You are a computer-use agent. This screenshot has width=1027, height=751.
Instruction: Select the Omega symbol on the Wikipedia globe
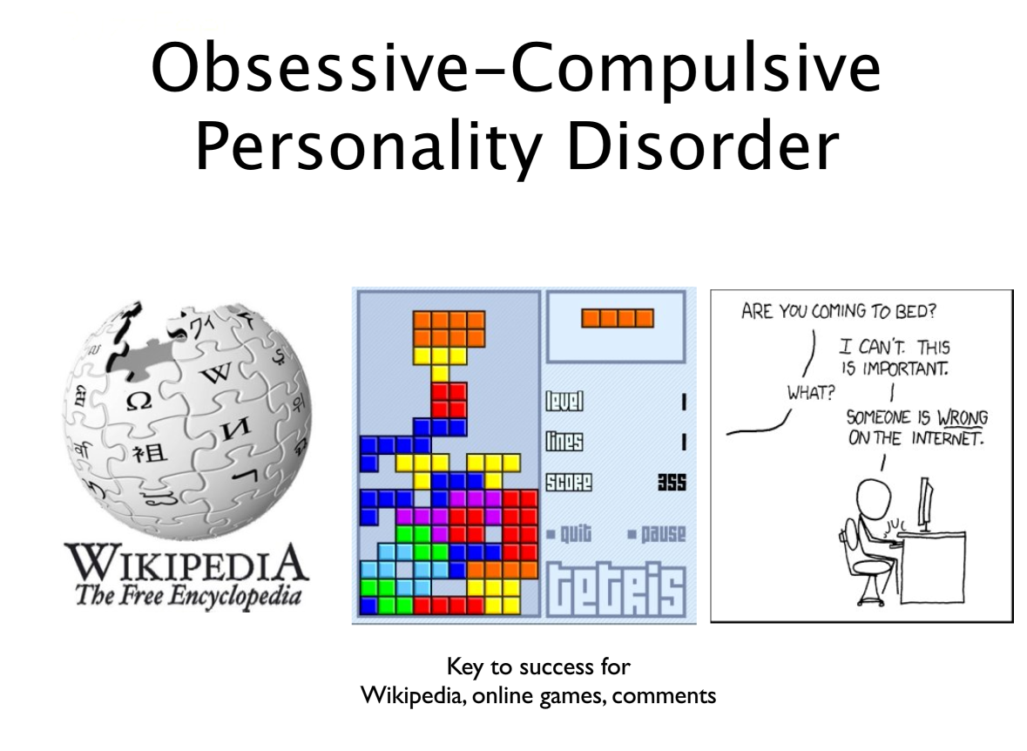click(139, 401)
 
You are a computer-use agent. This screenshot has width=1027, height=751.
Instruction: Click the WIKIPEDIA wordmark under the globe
click(186, 563)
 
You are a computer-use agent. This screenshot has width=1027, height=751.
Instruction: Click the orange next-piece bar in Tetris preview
click(617, 318)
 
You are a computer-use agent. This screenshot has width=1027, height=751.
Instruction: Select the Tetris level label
click(564, 401)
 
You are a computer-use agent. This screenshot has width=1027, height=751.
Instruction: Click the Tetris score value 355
click(672, 483)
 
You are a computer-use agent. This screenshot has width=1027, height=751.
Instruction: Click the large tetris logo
click(617, 590)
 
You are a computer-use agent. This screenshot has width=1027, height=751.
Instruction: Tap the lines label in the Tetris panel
click(564, 442)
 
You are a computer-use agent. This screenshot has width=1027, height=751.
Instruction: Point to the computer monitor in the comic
click(925, 504)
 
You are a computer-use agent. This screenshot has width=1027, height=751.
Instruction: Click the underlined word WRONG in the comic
click(963, 417)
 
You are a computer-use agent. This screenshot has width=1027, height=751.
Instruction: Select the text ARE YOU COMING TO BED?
click(838, 311)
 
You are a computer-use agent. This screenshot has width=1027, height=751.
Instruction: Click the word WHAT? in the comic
click(811, 393)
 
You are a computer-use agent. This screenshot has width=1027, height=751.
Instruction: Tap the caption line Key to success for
click(538, 667)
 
